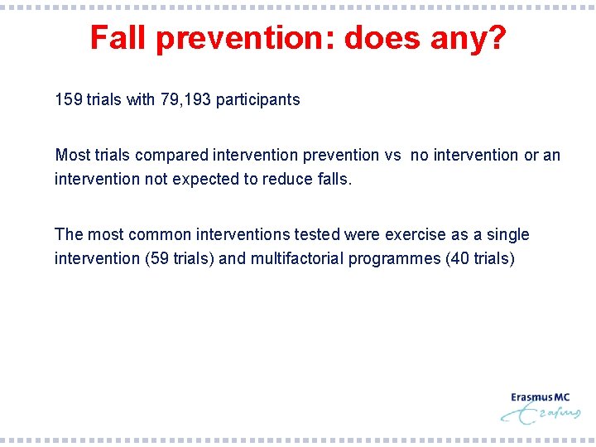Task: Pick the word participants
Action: coord(258,100)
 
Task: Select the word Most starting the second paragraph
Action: coord(71,156)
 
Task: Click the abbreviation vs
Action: coord(393,156)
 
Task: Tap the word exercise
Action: coord(415,235)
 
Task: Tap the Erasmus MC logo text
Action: coord(540,397)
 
